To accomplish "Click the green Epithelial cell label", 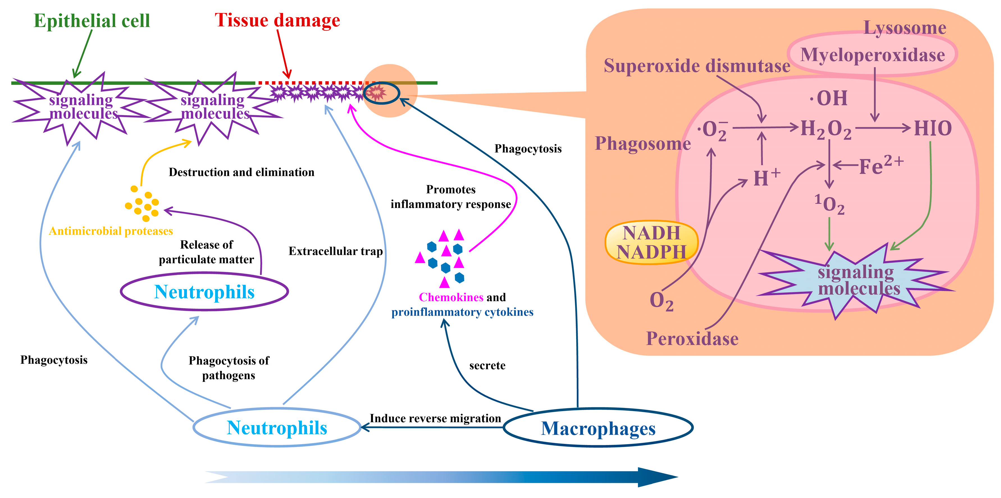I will tap(92, 21).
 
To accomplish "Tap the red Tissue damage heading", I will tap(277, 20).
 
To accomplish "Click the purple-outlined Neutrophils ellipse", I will tap(204, 292).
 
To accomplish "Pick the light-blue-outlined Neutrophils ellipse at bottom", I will tap(277, 428).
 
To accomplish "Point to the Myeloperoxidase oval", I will tap(872, 55).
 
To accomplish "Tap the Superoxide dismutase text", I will tap(697, 66).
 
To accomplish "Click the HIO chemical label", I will tap(932, 128).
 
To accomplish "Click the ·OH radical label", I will tap(829, 98).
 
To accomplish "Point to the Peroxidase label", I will tap(692, 339).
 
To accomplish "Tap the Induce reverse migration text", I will tap(435, 418).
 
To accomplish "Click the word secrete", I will tap(487, 366).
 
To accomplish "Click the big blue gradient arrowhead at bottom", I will tap(657, 477).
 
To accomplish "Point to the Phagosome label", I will tap(643, 144).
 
